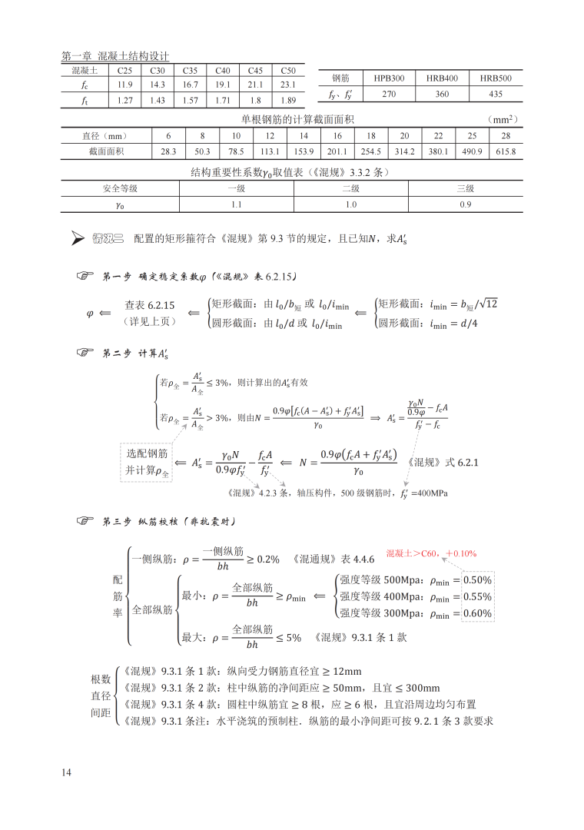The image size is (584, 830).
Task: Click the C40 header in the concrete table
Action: click(x=223, y=70)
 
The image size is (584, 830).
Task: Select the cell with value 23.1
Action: click(x=288, y=85)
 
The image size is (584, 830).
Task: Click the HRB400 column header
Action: click(x=442, y=78)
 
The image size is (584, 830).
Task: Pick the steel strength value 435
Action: click(x=496, y=94)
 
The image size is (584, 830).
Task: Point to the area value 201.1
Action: click(x=337, y=151)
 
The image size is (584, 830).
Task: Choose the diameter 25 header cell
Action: click(x=472, y=135)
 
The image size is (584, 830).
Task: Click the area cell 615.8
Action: click(x=506, y=151)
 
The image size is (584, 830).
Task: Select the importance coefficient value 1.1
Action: click(x=236, y=204)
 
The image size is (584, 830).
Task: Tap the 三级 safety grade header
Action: click(x=466, y=188)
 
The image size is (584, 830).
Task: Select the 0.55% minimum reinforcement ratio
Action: click(x=477, y=596)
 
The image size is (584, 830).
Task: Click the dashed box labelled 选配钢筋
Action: click(x=147, y=462)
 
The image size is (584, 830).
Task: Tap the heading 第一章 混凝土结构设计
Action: click(x=115, y=56)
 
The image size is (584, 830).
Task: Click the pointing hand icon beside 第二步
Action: click(x=85, y=353)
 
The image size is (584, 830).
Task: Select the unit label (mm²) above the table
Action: click(x=503, y=119)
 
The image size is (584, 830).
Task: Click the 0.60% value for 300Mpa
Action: click(x=477, y=613)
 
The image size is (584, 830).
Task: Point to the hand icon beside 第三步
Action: click(x=85, y=523)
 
